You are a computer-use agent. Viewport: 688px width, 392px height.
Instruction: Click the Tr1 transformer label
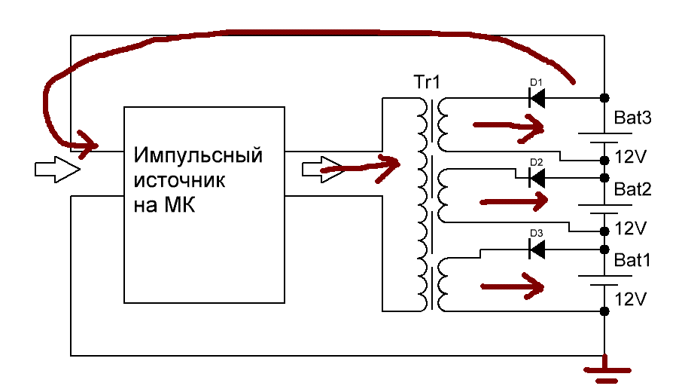(x=426, y=81)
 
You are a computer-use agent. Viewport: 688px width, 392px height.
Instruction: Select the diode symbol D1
(x=537, y=97)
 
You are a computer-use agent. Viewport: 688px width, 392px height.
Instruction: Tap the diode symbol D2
(x=537, y=178)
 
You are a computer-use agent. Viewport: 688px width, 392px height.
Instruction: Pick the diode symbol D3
(x=537, y=249)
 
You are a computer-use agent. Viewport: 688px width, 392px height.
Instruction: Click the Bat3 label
(x=632, y=118)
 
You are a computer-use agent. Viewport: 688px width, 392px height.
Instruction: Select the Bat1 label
(x=632, y=261)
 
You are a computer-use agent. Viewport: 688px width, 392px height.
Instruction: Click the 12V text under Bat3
(x=632, y=158)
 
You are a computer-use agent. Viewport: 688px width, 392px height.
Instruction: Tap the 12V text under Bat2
(x=632, y=227)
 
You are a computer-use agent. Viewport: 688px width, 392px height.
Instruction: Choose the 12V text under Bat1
(x=632, y=299)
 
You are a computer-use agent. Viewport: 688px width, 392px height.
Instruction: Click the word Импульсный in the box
(x=199, y=156)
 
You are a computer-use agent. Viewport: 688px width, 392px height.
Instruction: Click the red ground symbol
(x=605, y=371)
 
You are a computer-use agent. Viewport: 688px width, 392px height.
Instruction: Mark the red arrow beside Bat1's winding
(x=513, y=286)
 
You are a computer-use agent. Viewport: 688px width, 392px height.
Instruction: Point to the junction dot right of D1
(x=604, y=98)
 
